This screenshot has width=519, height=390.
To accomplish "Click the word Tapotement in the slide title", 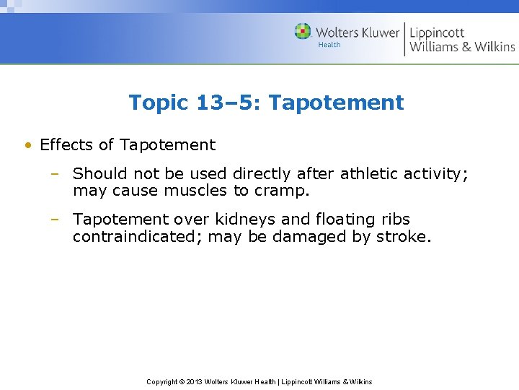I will [x=336, y=103].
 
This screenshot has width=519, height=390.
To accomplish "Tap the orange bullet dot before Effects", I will [x=27, y=145].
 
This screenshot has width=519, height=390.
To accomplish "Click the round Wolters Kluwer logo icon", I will [x=303, y=32].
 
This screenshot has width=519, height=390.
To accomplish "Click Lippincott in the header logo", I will [x=438, y=32].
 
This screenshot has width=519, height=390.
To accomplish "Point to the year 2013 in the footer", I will [x=194, y=381].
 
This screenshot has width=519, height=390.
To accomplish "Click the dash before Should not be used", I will [x=55, y=174].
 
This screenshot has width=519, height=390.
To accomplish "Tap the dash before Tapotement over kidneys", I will [x=55, y=220].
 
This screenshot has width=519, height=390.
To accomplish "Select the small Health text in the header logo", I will [x=329, y=45].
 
